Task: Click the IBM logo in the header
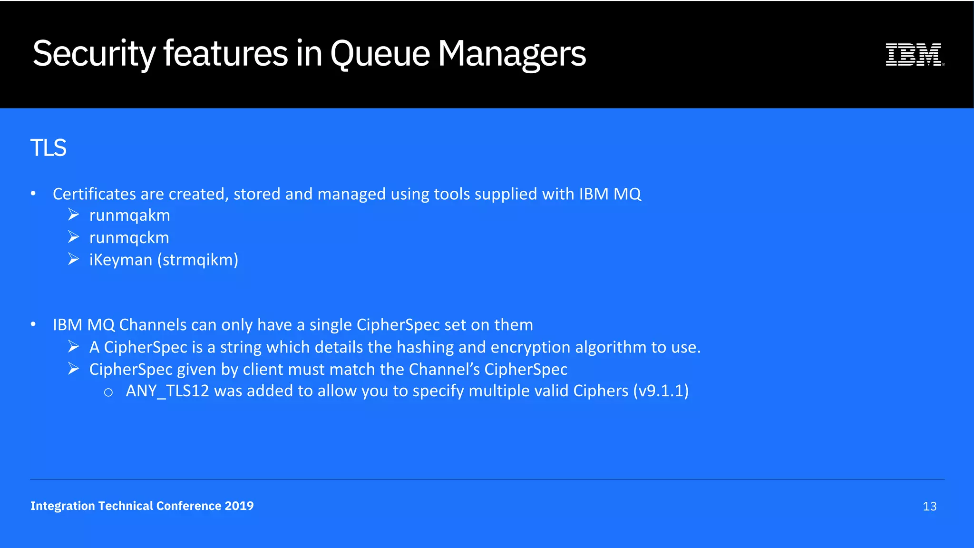click(914, 54)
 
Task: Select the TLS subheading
click(48, 147)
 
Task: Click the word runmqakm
click(129, 215)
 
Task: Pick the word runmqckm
click(129, 237)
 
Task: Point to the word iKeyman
click(121, 260)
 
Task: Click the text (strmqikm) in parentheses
click(198, 260)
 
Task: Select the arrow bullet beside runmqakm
click(73, 215)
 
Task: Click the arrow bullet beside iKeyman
click(73, 259)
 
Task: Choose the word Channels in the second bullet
click(153, 325)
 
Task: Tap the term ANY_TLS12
click(167, 391)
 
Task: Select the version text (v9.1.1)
click(661, 391)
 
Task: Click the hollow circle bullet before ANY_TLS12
click(108, 392)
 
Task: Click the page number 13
click(929, 507)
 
